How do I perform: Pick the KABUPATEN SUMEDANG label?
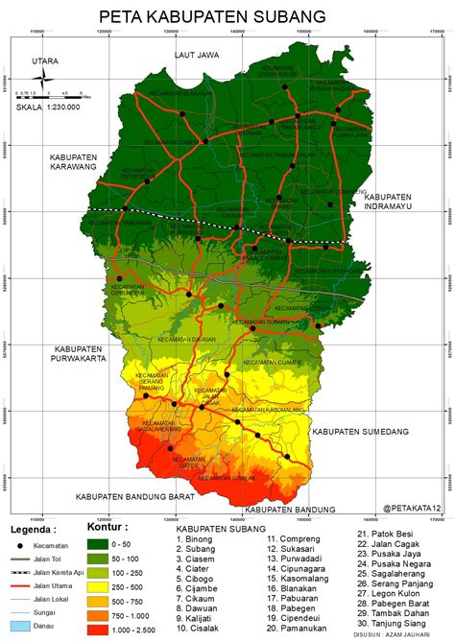pos(361,432)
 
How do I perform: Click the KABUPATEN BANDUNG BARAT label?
pos(136,497)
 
